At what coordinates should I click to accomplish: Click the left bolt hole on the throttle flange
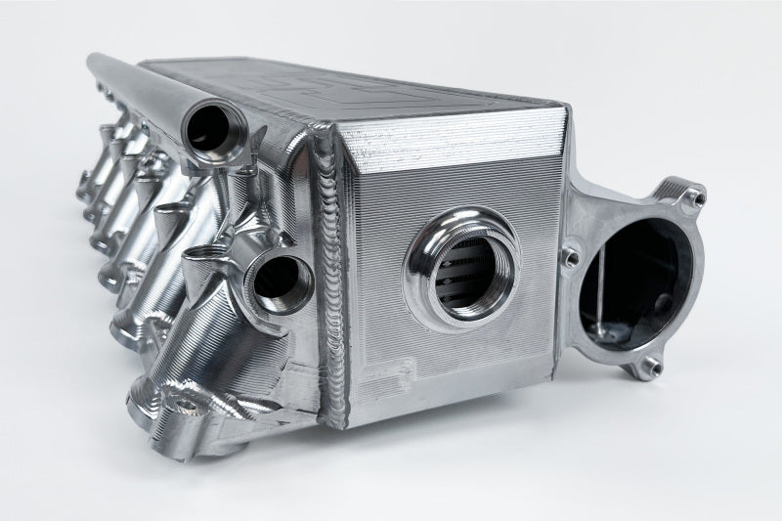tap(570, 257)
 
